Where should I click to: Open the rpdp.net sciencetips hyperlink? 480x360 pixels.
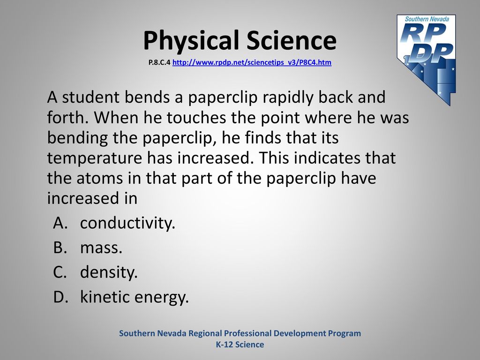click(x=252, y=62)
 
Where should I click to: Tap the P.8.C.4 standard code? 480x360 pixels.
click(x=159, y=62)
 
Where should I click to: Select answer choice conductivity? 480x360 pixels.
click(x=127, y=223)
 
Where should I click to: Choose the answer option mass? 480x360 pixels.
click(x=101, y=248)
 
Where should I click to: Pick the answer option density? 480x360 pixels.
click(x=109, y=272)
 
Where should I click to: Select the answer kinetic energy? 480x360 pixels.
click(x=135, y=297)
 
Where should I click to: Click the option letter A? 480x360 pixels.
click(x=60, y=223)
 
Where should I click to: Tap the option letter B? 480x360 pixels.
click(x=60, y=247)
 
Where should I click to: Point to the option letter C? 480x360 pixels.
click(x=60, y=272)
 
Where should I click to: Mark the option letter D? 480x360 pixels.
click(x=60, y=297)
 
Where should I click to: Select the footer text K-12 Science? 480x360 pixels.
click(x=240, y=345)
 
